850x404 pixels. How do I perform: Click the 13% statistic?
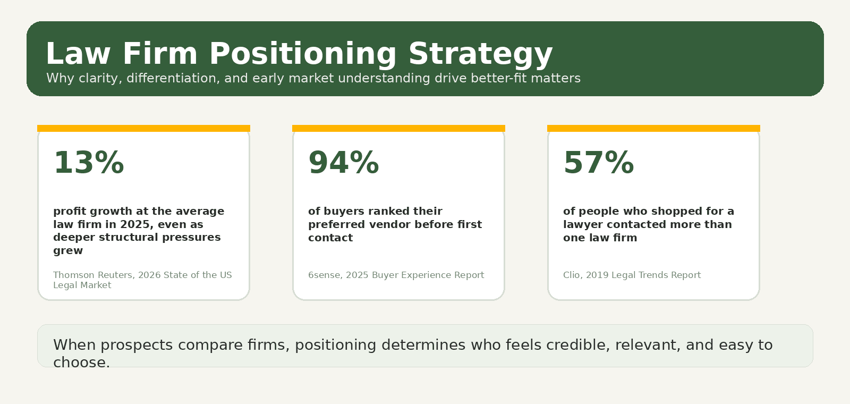[x=89, y=163]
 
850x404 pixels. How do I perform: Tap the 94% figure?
[x=344, y=163]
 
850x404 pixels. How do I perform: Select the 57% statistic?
[x=599, y=163]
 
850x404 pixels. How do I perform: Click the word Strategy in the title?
[x=480, y=54]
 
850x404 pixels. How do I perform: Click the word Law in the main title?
[x=78, y=54]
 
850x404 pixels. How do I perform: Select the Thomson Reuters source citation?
[x=142, y=280]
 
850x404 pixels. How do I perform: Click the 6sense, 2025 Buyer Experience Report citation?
[x=396, y=275]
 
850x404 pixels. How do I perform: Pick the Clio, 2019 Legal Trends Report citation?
[x=632, y=275]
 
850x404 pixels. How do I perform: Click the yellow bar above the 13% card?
[x=143, y=128]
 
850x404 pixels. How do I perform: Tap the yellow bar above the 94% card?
[x=398, y=128]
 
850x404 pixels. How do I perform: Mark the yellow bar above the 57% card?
[x=653, y=128]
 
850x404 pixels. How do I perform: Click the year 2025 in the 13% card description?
[x=135, y=224]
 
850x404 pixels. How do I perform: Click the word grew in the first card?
[x=68, y=251]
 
